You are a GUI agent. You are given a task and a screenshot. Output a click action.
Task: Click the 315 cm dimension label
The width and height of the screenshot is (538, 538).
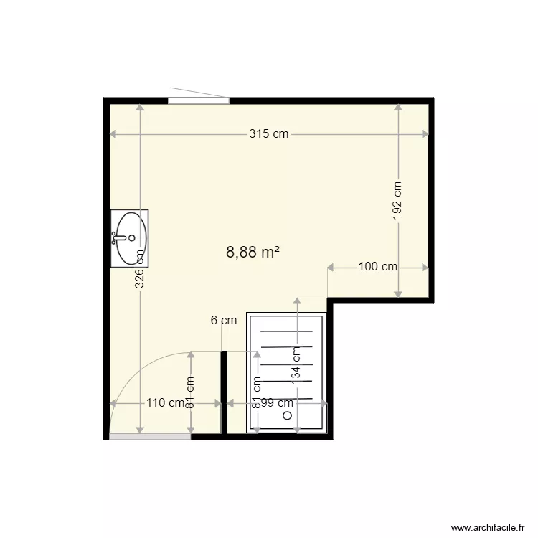coord(269,134)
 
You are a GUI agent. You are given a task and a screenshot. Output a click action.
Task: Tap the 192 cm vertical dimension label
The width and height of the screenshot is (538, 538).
coord(398,199)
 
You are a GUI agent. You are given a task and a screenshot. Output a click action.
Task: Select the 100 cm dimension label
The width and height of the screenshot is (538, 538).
coord(377,267)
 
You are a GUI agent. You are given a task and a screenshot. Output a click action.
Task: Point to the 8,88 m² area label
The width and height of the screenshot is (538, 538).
coord(252,252)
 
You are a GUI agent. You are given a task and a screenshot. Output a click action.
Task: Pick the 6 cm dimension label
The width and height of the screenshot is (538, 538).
coord(224,321)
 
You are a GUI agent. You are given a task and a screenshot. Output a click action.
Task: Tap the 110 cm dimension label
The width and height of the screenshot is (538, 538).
coord(165,403)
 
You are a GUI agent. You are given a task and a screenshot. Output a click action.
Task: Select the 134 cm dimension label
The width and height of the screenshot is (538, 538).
coord(296,364)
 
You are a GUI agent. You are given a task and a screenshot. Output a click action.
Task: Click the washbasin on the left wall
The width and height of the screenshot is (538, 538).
coord(130,237)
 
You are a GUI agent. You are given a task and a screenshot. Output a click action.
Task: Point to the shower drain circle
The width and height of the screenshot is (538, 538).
coord(288,415)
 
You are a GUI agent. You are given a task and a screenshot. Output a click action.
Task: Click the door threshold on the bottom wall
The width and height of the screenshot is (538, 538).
coord(150,436)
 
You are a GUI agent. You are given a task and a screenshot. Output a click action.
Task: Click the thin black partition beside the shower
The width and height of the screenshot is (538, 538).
coord(224,392)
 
